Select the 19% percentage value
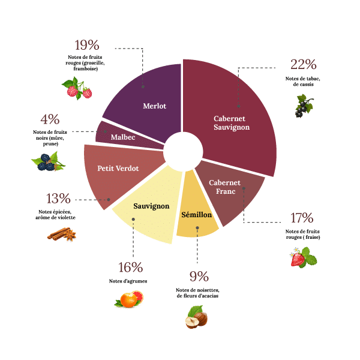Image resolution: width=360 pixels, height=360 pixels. [87, 45]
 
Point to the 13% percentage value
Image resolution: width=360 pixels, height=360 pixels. [59, 199]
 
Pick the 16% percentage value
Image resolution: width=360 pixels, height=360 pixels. [130, 268]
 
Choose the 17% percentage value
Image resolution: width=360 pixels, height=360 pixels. [301, 218]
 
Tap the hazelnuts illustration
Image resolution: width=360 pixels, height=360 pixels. [196, 317]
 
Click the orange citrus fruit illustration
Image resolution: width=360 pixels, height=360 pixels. [130, 298]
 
